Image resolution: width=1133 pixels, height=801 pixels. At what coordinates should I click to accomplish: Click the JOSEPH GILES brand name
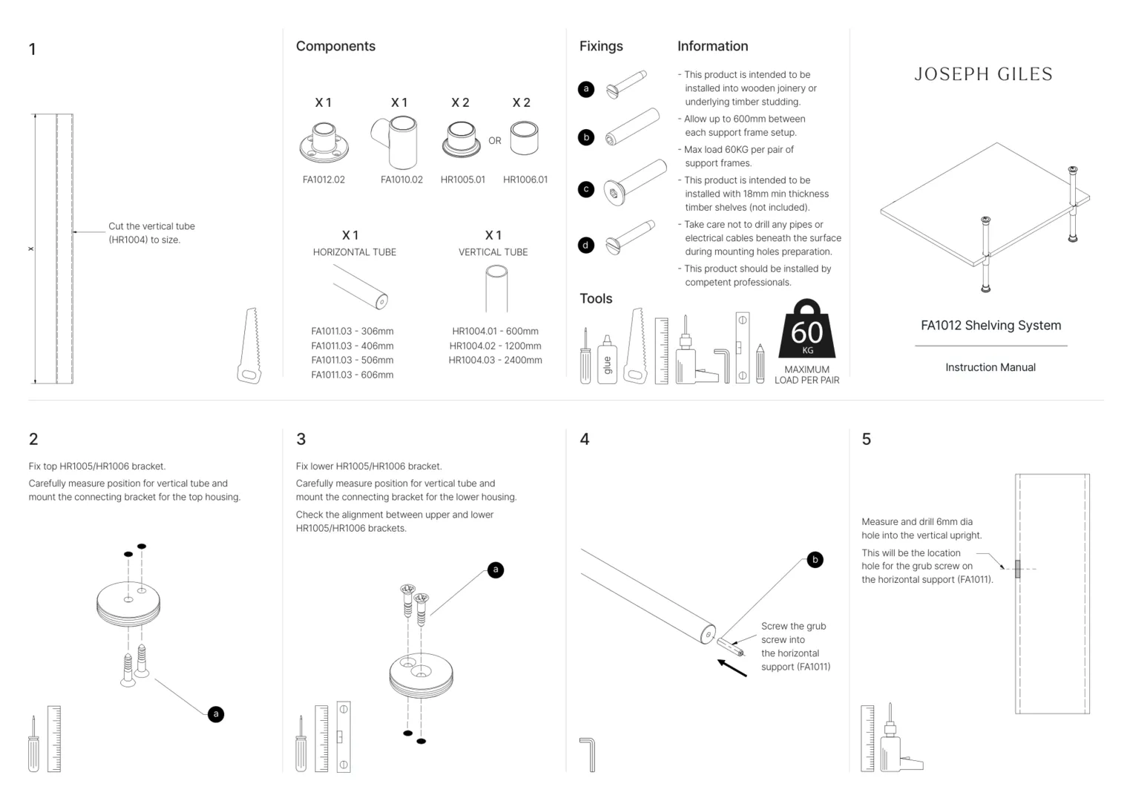pos(983,74)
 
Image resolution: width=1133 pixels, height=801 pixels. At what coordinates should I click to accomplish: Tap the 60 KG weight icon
pos(807,330)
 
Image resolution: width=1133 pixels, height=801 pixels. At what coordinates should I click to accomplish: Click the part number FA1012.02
pos(324,179)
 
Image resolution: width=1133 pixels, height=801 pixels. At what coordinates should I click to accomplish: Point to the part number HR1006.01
pos(525,179)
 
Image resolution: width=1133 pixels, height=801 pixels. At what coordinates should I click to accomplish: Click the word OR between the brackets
pos(495,140)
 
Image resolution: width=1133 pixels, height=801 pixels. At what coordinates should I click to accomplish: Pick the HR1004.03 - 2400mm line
pos(495,360)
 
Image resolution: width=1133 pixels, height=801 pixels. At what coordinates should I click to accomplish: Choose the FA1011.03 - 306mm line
pos(352,332)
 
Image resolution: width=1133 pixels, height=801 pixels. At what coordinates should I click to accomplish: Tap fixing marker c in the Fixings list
pos(586,189)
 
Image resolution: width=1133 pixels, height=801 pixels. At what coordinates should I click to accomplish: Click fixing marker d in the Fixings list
pos(586,245)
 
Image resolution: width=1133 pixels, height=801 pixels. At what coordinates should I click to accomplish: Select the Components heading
pos(335,46)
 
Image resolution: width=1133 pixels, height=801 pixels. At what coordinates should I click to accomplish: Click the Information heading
pos(712,46)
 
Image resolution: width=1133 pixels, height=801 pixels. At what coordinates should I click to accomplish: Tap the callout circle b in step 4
pos(815,560)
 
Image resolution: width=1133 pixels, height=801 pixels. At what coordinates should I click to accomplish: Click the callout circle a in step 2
pos(216,714)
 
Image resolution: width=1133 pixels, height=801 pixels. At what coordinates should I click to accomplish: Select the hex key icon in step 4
pos(588,754)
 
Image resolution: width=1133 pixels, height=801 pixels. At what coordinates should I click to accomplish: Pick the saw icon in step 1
pos(250,347)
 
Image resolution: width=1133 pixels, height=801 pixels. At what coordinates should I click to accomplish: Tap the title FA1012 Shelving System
pos(991,325)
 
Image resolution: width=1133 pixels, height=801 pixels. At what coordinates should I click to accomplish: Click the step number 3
pos(301,439)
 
